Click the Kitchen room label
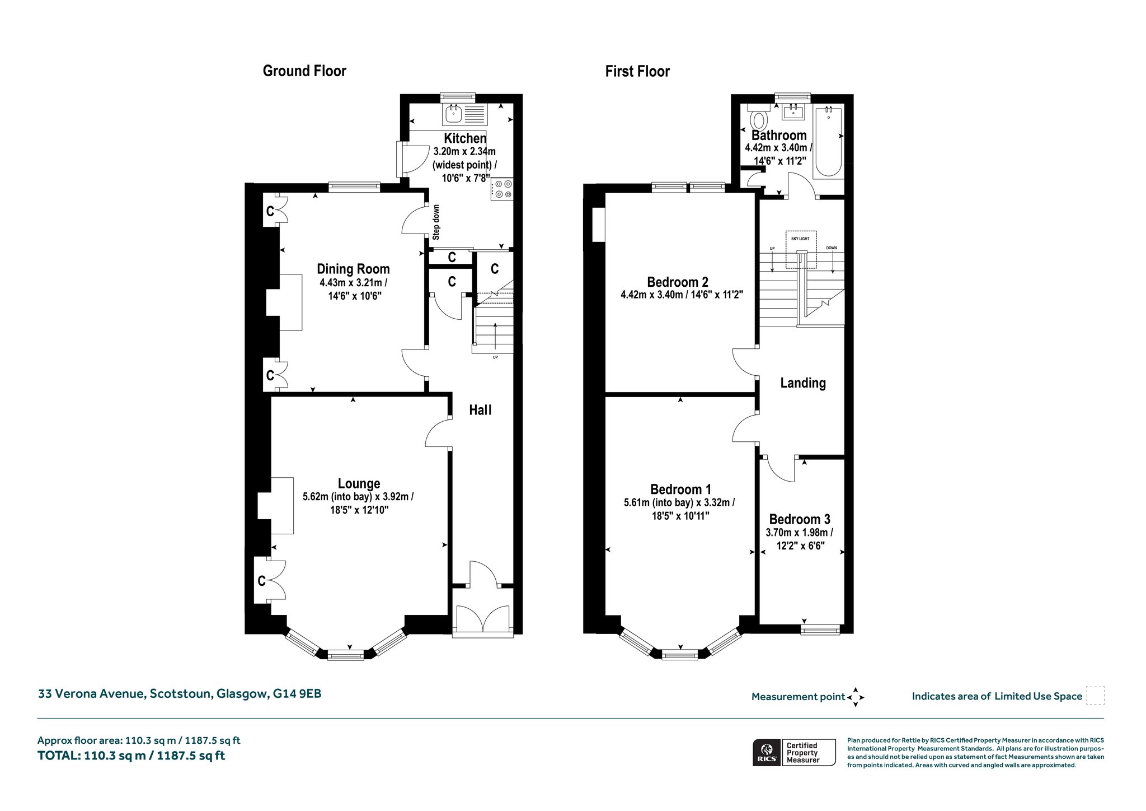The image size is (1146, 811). pos(465,138)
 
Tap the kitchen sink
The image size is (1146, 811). pos(465,115)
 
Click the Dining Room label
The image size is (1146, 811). pos(353,269)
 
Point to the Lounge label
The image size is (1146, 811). pos(359,483)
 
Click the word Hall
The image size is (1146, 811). pos(480,410)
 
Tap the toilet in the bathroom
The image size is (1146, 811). pos(759,116)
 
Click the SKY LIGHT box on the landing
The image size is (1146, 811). pos(801,250)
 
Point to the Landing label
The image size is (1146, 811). pos(803,383)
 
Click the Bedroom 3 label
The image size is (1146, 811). pos(800,519)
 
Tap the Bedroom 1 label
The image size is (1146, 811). pos(680,490)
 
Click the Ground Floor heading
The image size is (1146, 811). pos(304,71)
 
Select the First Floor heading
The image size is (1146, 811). pos(637,72)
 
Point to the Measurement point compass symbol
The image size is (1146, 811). pos(856,697)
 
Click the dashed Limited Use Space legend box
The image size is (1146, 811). pos(1095,696)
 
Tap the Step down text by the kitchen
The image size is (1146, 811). pos(436,222)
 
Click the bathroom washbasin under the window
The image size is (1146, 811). pos(794,112)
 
